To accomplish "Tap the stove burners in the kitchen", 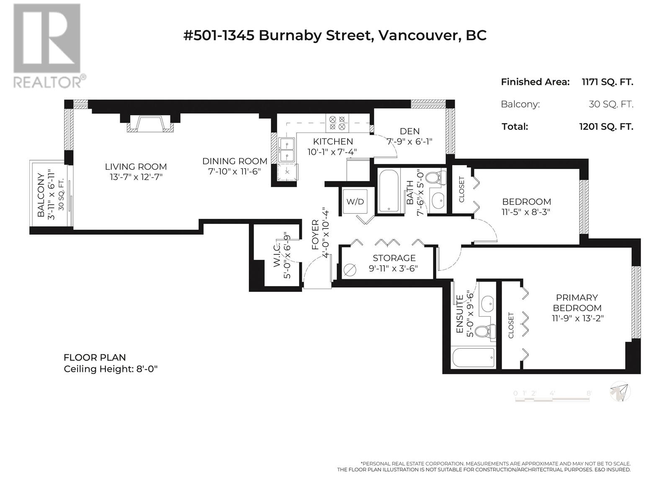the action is coord(337,123).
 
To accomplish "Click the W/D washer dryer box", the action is coord(355,202).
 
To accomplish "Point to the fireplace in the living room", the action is coord(150,124).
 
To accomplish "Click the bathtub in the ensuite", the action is coord(474,358).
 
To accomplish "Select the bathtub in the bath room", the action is coord(389,190).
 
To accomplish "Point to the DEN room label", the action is coord(410,131).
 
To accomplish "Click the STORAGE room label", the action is coord(394,258).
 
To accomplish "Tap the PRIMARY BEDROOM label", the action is coord(577,302).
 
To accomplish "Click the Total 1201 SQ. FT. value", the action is coord(606,126).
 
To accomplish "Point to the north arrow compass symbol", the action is coord(620,392).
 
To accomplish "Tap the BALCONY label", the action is coord(41,195).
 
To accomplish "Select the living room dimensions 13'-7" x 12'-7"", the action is coord(136,177).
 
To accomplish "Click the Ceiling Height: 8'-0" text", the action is coord(111,369).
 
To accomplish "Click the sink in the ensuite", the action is coord(487,302).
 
